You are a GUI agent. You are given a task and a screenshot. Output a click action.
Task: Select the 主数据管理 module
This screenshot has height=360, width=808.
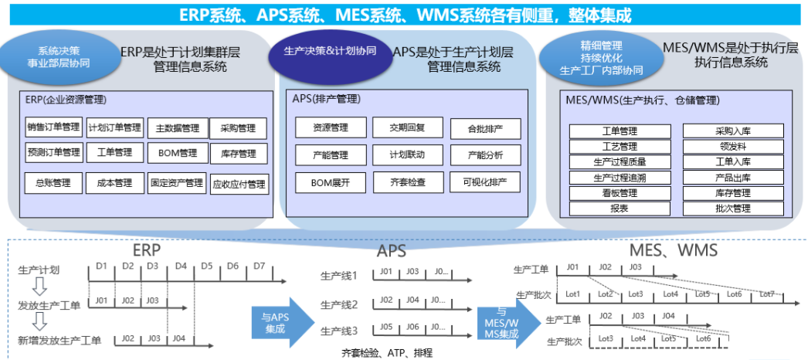point(177,128)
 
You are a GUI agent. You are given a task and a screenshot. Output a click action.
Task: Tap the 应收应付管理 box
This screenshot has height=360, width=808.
point(239,184)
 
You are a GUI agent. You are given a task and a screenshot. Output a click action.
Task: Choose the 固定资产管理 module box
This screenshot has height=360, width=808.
point(177,183)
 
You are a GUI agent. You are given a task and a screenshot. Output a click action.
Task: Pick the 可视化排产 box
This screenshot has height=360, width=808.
point(485,182)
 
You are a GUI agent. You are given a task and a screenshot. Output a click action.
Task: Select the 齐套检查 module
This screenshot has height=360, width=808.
point(407,182)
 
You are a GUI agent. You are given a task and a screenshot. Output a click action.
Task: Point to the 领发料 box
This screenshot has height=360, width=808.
point(732,147)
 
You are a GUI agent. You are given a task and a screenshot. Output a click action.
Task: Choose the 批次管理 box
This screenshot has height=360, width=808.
point(732,209)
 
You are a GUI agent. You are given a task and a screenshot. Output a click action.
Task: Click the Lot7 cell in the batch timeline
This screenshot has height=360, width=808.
point(766,294)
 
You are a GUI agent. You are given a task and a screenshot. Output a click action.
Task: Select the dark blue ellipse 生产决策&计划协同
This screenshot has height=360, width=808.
point(330,52)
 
